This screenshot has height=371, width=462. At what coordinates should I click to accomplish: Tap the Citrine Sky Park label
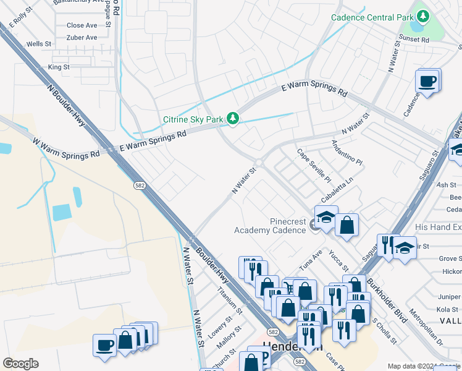point(193,119)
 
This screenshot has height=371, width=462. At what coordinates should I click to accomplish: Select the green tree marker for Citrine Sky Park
point(233,117)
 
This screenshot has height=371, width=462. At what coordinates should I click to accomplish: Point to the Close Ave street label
point(82,25)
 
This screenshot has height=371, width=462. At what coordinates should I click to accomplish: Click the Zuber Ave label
point(82,38)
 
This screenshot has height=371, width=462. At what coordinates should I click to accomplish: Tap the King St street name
point(59,67)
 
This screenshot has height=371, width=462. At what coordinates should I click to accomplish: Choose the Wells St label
point(39,44)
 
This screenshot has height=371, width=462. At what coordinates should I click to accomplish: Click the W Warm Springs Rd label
point(66,148)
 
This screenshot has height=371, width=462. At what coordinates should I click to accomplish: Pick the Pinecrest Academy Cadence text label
point(271,226)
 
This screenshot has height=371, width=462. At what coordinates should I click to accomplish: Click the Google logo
point(20,364)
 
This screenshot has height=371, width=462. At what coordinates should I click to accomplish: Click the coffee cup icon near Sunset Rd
point(427,81)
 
